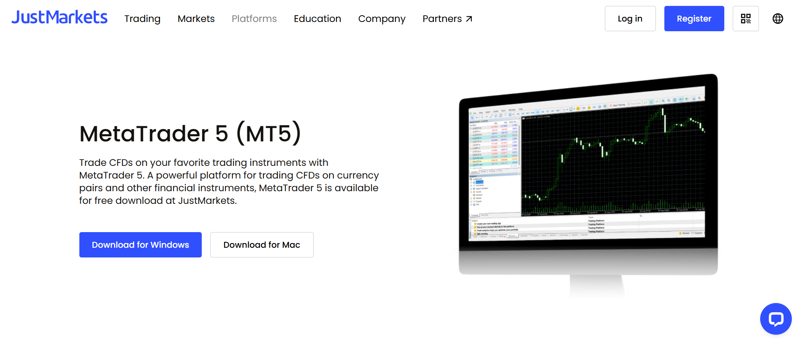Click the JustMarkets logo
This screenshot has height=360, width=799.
[x=60, y=17]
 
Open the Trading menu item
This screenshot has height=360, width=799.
[x=142, y=19]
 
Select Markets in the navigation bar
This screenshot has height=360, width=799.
[x=196, y=19]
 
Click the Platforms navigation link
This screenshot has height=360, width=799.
[x=254, y=19]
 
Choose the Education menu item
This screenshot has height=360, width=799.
[x=317, y=19]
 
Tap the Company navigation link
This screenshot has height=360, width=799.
[x=382, y=19]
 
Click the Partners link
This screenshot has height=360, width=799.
[x=442, y=19]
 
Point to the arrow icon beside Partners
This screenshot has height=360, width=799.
[x=469, y=19]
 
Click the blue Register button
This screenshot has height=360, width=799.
[x=694, y=19]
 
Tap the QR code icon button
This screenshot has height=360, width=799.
[x=745, y=19]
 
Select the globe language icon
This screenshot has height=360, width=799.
[x=777, y=19]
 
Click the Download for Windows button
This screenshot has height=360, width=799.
[x=141, y=245]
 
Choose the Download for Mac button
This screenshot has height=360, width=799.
[x=262, y=245]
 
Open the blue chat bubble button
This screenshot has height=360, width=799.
[x=775, y=319]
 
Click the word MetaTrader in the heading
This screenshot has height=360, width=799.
[x=144, y=134]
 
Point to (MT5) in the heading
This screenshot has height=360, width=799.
[x=269, y=134]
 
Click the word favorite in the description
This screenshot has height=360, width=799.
[x=198, y=163]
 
